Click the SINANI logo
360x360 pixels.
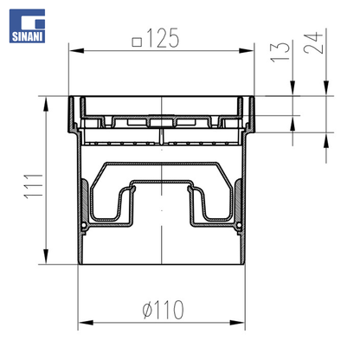coord(27,26)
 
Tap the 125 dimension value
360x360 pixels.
coord(163,38)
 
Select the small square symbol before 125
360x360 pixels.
coord(137,42)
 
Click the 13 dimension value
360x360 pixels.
coord(280,52)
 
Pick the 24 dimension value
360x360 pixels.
coord(313,43)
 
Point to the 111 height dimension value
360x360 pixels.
coord(33,186)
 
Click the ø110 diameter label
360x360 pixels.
coord(163,310)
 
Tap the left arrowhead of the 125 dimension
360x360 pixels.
coord(76,51)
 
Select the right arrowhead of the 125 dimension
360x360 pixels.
coord(247,51)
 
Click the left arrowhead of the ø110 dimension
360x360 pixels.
coord(86,322)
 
